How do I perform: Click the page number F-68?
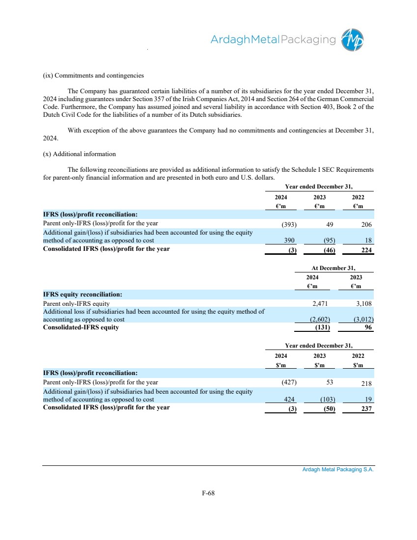(x=208, y=493)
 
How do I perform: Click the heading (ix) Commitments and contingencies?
(x=93, y=76)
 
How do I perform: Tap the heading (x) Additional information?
(x=80, y=154)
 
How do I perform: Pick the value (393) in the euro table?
(x=288, y=225)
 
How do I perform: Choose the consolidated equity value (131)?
(x=322, y=328)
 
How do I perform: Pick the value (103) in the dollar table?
(x=325, y=400)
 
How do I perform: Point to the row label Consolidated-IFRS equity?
(x=81, y=327)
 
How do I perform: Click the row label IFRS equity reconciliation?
(x=83, y=295)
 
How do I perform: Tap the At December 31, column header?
(x=334, y=268)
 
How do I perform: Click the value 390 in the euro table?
(x=290, y=241)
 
